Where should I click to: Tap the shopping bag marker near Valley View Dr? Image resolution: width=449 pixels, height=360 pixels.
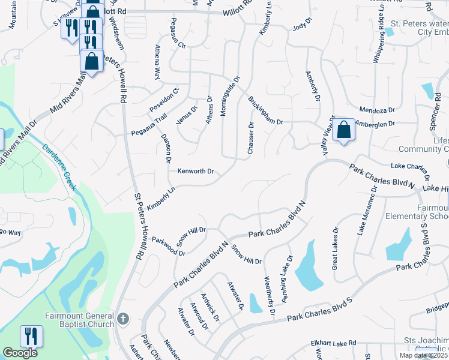click(343, 130)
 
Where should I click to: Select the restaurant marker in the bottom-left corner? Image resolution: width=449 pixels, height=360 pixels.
click(31, 336)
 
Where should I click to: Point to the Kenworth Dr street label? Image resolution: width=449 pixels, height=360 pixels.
click(196, 171)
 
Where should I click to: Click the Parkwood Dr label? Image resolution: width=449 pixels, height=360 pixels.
click(168, 248)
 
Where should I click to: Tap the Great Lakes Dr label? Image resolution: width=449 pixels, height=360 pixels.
click(336, 248)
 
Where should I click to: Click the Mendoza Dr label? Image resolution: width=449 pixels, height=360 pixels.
click(376, 110)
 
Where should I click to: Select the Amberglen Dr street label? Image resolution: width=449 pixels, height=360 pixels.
click(375, 124)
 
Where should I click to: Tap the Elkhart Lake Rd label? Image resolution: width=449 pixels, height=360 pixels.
click(334, 343)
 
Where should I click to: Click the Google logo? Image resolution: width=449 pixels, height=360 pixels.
click(20, 353)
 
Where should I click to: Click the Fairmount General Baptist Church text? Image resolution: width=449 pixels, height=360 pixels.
click(79, 320)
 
